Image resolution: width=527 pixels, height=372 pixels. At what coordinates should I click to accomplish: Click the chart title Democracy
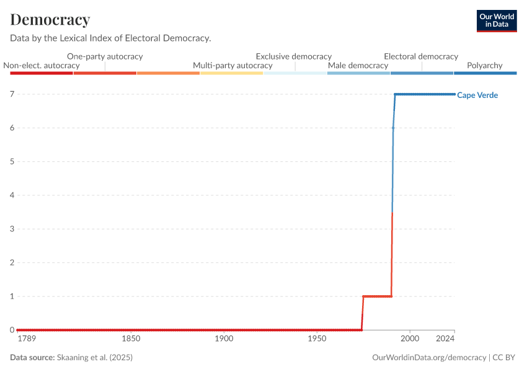click(x=50, y=20)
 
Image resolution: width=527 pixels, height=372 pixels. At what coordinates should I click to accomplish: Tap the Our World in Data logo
click(x=496, y=20)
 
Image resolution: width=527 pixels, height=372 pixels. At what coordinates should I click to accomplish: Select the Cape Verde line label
click(x=477, y=95)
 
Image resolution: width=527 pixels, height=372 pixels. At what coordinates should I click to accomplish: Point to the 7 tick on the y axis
click(x=12, y=94)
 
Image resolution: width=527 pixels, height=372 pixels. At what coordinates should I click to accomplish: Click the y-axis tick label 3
click(x=12, y=229)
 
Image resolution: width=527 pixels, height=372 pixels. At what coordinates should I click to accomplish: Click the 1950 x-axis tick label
click(x=317, y=339)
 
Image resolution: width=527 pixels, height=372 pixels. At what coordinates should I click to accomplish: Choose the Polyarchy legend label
click(x=484, y=66)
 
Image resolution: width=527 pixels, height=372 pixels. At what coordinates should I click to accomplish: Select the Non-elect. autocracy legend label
click(x=42, y=66)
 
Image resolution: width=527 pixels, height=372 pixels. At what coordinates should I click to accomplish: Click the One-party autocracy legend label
click(x=105, y=56)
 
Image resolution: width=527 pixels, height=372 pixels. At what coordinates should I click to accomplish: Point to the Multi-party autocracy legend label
click(x=232, y=66)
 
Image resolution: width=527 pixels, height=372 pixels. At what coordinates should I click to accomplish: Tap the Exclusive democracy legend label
click(x=294, y=56)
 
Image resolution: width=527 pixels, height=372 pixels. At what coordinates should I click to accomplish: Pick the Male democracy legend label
click(x=358, y=66)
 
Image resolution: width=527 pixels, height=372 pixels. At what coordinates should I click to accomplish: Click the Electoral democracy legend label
click(x=421, y=56)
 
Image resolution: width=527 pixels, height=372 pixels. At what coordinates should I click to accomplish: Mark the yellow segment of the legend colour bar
click(x=231, y=73)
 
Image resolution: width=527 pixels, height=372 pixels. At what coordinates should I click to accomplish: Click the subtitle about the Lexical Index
click(x=110, y=38)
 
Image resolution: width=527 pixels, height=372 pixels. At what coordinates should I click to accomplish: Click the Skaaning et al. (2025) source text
click(x=94, y=358)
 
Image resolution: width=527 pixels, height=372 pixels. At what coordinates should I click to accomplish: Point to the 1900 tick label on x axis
click(x=224, y=339)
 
